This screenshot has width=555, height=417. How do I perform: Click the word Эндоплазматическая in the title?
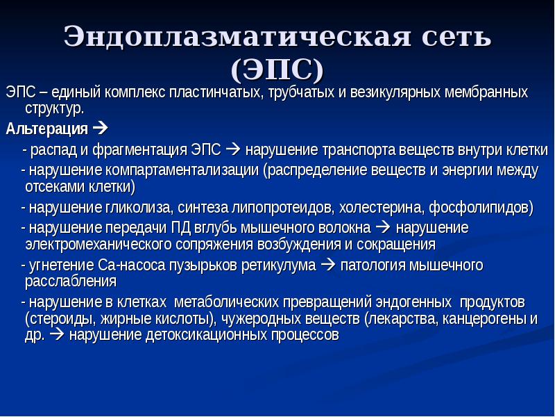point(237,36)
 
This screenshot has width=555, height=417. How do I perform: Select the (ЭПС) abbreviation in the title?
point(277,69)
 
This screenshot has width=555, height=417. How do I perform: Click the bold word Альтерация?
point(46,129)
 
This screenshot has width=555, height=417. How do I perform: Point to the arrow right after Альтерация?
point(100,128)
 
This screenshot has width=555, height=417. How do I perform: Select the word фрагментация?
point(140,150)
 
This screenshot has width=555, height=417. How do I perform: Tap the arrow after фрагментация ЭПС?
point(232,149)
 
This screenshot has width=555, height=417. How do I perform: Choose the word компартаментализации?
point(182,170)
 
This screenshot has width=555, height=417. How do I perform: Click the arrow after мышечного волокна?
point(383,228)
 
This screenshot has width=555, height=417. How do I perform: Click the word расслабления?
point(71,281)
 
